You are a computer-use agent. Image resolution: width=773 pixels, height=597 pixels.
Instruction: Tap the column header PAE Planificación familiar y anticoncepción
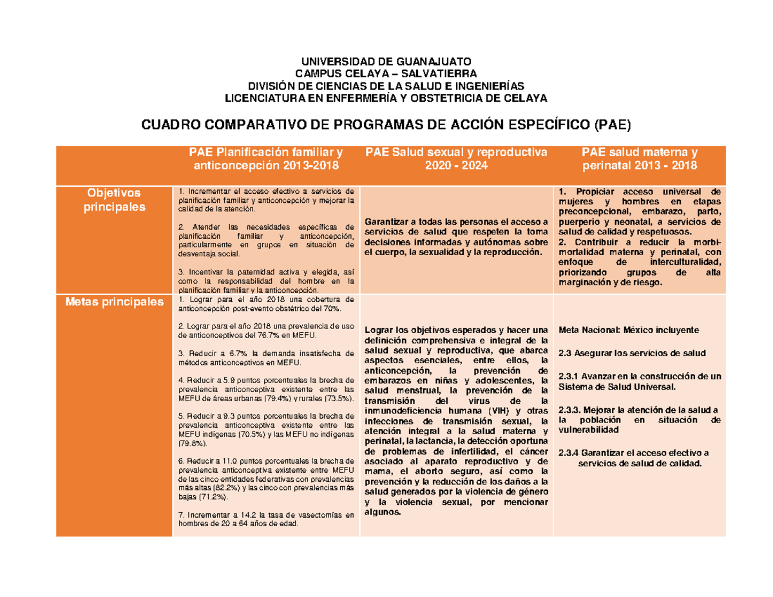click(265, 158)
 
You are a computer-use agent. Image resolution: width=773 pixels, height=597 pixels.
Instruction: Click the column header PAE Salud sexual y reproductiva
click(455, 158)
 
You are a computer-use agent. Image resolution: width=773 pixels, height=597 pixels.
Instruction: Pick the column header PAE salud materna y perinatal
click(639, 158)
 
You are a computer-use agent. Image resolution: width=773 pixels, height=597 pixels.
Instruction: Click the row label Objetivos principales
click(114, 200)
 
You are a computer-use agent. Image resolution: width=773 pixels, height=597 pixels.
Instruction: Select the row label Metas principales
click(113, 302)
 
